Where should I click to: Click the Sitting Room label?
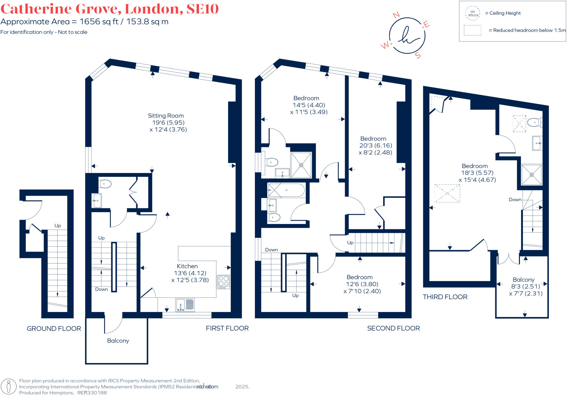[166, 116]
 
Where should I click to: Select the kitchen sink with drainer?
[185, 305]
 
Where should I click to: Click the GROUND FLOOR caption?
[54, 329]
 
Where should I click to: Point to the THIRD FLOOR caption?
[445, 297]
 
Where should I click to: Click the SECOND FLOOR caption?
[393, 328]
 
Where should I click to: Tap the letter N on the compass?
[396, 15]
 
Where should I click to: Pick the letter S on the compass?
[418, 55]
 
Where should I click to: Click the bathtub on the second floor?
[286, 190]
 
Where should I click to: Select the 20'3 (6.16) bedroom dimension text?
[375, 146]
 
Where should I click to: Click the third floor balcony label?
[523, 280]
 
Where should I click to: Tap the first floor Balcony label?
[118, 341]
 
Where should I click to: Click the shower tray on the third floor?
[531, 175]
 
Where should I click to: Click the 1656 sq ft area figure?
[99, 22]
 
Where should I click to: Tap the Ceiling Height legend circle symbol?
[473, 13]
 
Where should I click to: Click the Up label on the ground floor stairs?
[58, 225]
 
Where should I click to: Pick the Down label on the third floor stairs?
[515, 200]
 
